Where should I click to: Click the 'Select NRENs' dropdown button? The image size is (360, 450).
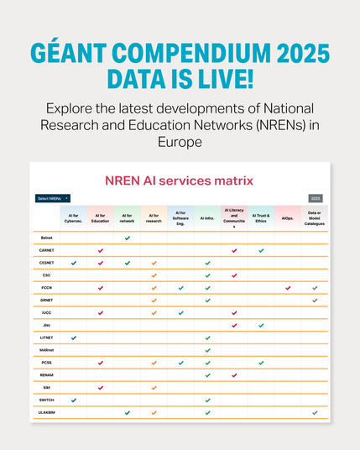coord(53,198)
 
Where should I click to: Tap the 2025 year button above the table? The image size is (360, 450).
coord(316,198)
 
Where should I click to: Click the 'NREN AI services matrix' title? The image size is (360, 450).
coord(179,181)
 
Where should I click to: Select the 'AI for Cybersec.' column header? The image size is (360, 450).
coord(73,218)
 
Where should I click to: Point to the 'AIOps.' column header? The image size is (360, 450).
coord(288,218)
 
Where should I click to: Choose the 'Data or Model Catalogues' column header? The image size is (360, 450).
coord(315,218)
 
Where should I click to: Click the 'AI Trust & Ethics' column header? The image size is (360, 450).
coord(261,218)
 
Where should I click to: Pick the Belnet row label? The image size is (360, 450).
coord(47,238)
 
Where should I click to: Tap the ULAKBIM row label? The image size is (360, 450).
coord(47,412)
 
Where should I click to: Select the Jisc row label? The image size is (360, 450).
coord(47,325)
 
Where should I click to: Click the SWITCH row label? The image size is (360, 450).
coord(47,400)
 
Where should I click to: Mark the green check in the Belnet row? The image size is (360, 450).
coord(127,238)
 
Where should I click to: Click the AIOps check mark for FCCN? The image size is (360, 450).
coord(288,288)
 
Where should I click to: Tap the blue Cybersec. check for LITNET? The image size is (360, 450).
coord(73,337)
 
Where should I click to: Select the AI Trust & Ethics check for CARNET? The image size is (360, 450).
coord(261,250)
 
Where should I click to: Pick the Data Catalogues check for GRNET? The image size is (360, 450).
coord(315,300)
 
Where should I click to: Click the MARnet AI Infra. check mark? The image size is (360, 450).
coord(207,350)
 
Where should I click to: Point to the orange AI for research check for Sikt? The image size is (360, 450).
coord(154,387)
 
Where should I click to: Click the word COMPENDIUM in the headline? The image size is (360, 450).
coord(180,53)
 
